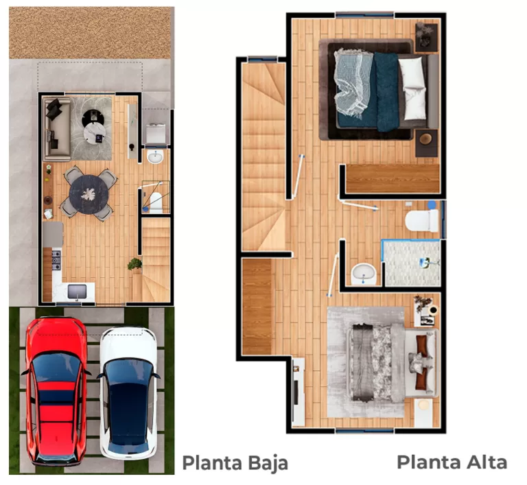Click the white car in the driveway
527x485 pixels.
[x=128, y=394]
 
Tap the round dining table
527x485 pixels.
[x=89, y=194]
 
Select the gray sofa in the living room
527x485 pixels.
[x=57, y=130]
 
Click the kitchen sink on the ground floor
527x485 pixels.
[x=78, y=292]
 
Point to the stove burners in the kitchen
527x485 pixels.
[x=56, y=260]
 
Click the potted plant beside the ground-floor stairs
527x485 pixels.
[x=134, y=264]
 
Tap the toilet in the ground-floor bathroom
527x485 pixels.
[x=156, y=203]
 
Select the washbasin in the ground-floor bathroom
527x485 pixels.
[x=155, y=156]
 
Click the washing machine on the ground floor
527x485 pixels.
[x=156, y=134]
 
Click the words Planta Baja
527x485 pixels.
[x=235, y=463]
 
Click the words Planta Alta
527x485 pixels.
[x=452, y=462]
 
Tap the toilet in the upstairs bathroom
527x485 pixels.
[x=422, y=220]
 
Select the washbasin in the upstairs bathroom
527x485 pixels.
[x=363, y=274]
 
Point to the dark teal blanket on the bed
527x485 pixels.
[x=386, y=91]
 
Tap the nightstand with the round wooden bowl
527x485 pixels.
[x=426, y=143]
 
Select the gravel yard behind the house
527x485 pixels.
[x=90, y=33]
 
